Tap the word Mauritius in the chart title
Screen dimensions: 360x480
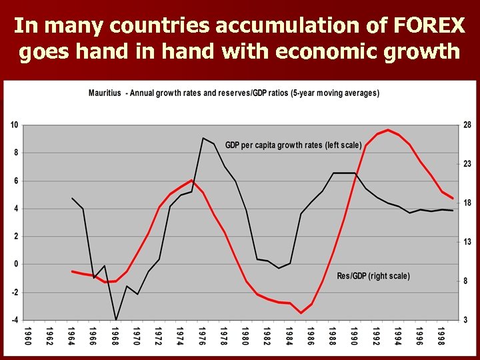105,93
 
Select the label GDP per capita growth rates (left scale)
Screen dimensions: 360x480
293,145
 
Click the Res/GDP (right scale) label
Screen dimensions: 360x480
373,276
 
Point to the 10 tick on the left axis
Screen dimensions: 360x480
14,125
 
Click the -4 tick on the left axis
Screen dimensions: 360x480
14,320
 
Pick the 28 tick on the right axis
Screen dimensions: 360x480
467,125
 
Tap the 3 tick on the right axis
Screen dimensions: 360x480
467,320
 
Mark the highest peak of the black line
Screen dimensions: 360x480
203,138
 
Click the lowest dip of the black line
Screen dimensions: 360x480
116,319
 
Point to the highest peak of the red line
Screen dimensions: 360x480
388,130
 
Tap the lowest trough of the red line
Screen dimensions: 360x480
301,313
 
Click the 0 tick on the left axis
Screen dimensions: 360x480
15,264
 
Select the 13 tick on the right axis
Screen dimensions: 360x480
467,242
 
